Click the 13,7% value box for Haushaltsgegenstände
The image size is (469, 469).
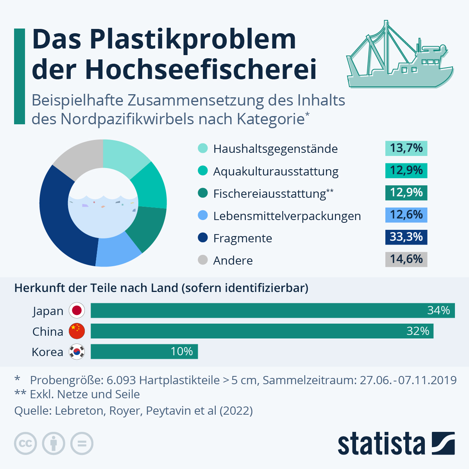tap(406, 149)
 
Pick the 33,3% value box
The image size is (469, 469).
tap(406, 237)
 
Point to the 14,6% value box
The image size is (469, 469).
tap(406, 260)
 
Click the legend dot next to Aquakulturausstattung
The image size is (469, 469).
tap(203, 171)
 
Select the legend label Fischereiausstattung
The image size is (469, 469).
tap(270, 194)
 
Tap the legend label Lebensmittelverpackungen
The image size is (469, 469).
tap(287, 216)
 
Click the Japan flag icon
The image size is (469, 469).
tap(77, 311)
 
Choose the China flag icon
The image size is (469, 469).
tap(77, 331)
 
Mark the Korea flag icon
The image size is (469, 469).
tap(77, 352)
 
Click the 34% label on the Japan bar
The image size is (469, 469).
tap(439, 311)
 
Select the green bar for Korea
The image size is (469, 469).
tap(144, 351)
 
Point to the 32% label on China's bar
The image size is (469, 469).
tap(418, 331)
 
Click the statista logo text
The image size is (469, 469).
tap(381, 444)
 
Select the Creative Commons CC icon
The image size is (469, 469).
tap(25, 444)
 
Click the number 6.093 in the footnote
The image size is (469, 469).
tap(121, 380)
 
